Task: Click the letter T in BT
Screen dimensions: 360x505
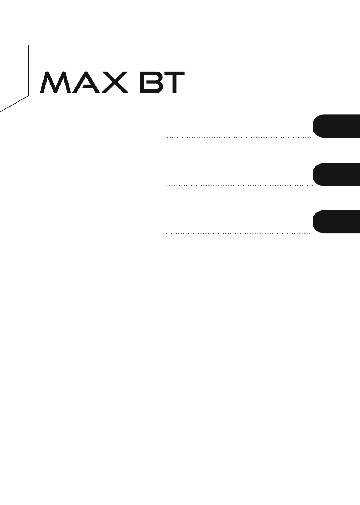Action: (173, 82)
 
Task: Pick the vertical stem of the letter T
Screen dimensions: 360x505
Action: (173, 84)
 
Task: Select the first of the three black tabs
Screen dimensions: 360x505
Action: (336, 126)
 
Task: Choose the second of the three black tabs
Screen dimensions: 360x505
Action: (336, 174)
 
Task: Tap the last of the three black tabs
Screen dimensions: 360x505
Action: (336, 222)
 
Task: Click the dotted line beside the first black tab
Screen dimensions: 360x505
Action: (239, 137)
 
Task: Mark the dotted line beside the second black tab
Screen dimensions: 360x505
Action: (240, 186)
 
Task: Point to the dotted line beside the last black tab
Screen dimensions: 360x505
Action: (238, 233)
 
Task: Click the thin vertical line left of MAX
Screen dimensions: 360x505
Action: (29, 71)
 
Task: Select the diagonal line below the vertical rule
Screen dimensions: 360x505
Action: (14, 104)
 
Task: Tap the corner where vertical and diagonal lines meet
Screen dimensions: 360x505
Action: (29, 96)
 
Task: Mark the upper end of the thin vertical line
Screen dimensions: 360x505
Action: (29, 45)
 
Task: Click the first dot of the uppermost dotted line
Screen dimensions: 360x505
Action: (167, 137)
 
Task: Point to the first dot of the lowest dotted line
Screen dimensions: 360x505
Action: (166, 233)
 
